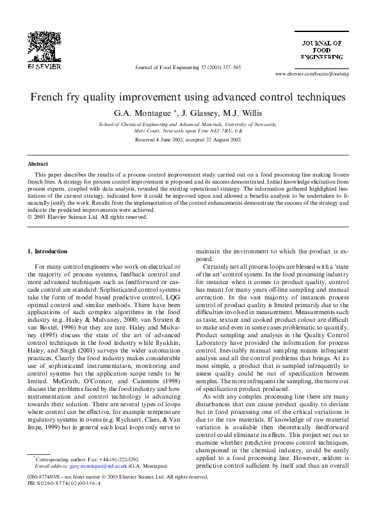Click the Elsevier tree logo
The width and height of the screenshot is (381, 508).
(44, 45)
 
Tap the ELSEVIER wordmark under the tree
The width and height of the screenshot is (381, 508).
(44, 65)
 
